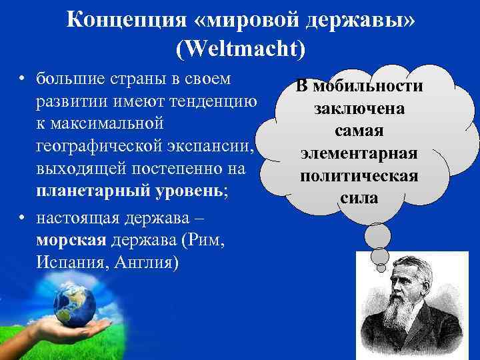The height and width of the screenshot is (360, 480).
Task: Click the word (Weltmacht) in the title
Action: (x=240, y=48)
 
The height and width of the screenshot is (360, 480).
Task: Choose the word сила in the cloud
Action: (x=359, y=198)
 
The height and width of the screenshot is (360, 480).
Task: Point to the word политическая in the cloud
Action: (x=359, y=176)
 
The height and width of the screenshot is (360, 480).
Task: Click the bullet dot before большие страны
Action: (x=23, y=81)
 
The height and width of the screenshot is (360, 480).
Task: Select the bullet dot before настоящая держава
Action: (x=23, y=219)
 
